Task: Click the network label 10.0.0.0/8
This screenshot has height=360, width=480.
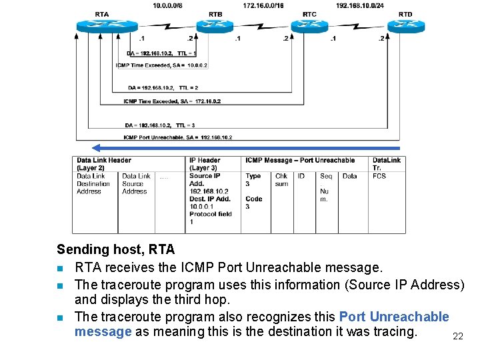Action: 167,5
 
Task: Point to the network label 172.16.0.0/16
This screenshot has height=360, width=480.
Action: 263,5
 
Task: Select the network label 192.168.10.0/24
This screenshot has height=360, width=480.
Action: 359,5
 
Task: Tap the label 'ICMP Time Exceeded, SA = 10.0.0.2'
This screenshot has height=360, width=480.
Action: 161,65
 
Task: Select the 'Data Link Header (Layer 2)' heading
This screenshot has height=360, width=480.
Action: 103,164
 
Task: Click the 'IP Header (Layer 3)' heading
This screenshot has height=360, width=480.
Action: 205,164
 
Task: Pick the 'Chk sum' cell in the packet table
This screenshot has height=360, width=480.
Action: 281,180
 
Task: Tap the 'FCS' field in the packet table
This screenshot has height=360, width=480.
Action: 379,176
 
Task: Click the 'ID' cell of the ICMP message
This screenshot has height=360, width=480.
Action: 301,176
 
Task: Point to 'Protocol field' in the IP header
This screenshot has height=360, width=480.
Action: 211,214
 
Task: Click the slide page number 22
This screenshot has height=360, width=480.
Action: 457,337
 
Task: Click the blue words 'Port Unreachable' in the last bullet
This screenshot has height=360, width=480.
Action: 394,317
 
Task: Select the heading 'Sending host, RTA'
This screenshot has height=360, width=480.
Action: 115,249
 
